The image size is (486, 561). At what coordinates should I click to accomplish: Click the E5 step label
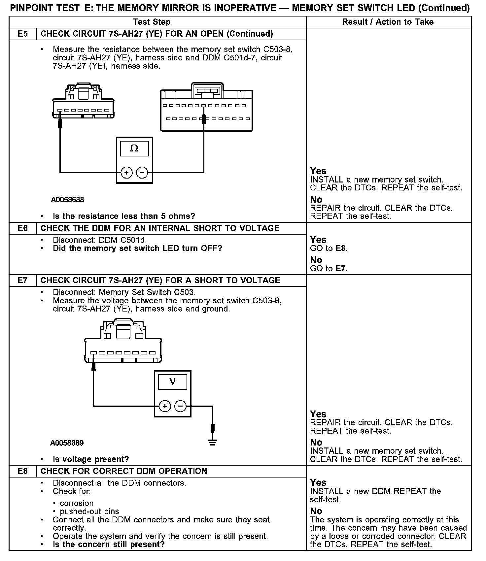tap(22, 34)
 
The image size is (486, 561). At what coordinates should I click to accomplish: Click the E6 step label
tap(22, 228)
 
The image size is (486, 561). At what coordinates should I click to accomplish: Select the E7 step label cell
tap(22, 280)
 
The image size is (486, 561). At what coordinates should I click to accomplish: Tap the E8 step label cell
tap(22, 471)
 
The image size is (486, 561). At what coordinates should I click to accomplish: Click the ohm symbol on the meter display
tap(134, 148)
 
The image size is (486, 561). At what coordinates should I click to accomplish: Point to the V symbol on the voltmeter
tap(172, 382)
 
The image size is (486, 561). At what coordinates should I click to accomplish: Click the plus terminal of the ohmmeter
tap(126, 172)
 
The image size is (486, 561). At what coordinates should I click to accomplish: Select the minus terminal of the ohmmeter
tap(142, 172)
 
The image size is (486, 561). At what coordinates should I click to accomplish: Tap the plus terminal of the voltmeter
tap(165, 406)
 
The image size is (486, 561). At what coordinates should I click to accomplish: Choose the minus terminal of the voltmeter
tap(180, 406)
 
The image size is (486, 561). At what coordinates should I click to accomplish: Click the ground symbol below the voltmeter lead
tap(213, 443)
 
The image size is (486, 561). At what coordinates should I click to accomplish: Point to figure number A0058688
tap(67, 200)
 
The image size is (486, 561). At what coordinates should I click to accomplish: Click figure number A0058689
tap(67, 443)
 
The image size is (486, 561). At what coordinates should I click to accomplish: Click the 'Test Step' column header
tap(152, 22)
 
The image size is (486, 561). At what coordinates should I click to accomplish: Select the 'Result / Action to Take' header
tap(388, 22)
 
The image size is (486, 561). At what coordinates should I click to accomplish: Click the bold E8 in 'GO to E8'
tap(341, 248)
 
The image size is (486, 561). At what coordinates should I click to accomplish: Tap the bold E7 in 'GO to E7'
tap(341, 269)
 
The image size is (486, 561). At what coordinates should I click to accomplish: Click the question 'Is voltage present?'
tap(91, 459)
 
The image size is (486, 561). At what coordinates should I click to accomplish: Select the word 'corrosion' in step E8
tap(77, 503)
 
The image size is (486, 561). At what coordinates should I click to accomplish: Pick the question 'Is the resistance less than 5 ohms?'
tap(124, 216)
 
